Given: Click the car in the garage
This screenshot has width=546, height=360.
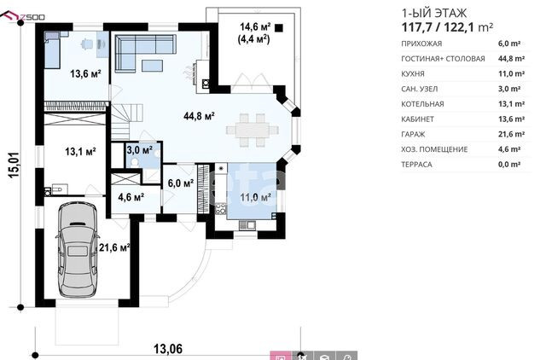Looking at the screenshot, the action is coord(77,250).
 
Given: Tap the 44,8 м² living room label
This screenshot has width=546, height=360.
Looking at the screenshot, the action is coord(199,116).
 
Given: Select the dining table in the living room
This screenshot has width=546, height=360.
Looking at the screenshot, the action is coord(253,131).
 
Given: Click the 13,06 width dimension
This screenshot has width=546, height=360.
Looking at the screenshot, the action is coord(168,349).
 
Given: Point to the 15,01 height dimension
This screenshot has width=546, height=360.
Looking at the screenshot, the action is coord(15,165).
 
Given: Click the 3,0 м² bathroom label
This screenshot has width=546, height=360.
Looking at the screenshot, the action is coord(139,150).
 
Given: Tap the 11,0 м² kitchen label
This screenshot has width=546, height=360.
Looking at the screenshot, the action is coord(255,197).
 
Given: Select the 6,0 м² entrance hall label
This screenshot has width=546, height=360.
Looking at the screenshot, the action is coord(181,183).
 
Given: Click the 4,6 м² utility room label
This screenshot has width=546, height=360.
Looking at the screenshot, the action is coord(131,197).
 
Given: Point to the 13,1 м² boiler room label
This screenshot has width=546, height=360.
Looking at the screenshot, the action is coord(80,152).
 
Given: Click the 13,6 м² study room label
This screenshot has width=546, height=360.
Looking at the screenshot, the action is coord(85,74).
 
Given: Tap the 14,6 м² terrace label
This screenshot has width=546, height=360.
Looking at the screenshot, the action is coord(255,26).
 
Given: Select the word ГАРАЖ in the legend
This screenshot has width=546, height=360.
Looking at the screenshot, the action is coord(413,135).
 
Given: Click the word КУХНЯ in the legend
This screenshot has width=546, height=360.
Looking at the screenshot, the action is coord(413,74).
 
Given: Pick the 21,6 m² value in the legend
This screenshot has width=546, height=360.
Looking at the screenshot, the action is coord(511,134).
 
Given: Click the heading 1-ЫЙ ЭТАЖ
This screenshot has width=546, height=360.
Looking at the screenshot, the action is coord(434,14).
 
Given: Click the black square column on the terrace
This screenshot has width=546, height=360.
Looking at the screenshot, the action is coord(279,28).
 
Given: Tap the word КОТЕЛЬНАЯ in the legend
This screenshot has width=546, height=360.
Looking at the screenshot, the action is coord(422,104).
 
